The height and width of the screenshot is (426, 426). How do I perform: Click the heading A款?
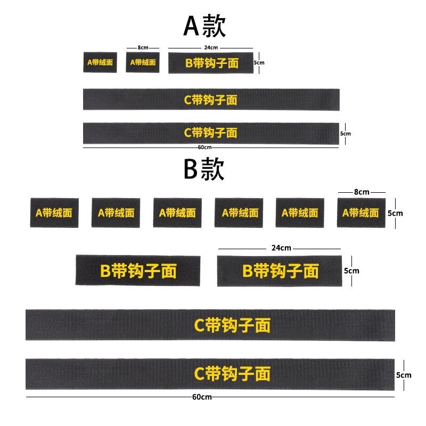[204, 25]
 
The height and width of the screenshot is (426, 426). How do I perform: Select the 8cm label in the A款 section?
[143, 48]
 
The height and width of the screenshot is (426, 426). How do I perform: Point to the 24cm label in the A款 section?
[211, 48]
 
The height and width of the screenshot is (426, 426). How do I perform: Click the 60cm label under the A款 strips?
[204, 148]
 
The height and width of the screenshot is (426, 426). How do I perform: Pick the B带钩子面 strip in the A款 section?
[211, 63]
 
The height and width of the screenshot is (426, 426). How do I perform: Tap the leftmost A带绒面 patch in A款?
[100, 62]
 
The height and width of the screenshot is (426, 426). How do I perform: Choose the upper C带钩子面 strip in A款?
[211, 100]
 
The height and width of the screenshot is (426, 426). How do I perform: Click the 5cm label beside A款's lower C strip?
[346, 134]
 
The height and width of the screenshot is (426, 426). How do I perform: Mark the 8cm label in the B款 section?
[362, 192]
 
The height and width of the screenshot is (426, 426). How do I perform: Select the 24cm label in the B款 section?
[281, 248]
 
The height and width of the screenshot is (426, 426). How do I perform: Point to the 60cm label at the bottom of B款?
[203, 397]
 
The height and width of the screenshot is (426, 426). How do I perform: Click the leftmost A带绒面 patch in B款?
[54, 213]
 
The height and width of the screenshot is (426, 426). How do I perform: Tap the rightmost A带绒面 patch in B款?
[361, 213]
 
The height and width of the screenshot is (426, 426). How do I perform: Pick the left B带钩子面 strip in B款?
[138, 271]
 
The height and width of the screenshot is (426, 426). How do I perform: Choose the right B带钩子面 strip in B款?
[279, 271]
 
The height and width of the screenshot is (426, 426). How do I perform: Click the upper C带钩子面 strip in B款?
[210, 324]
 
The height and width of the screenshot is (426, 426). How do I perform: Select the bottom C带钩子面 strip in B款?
[210, 374]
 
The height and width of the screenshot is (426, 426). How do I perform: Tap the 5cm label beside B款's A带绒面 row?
[395, 213]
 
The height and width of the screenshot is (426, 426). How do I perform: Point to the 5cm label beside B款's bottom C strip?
[404, 375]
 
